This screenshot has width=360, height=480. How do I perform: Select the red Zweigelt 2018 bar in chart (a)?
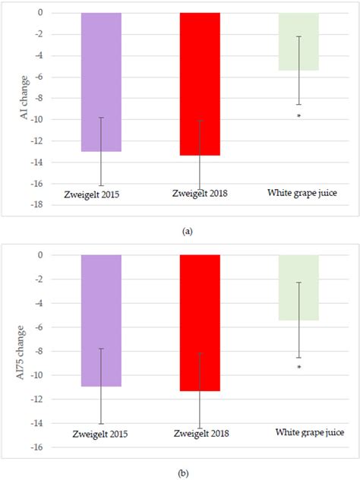coord(200,84)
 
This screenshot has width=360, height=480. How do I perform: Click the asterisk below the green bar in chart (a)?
coord(299,116)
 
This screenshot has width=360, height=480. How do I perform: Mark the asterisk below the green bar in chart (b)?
coord(299,368)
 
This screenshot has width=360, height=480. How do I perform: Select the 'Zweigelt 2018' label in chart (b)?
coord(199,434)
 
